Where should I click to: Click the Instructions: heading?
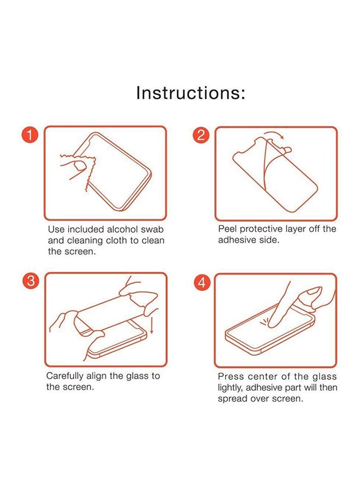191,93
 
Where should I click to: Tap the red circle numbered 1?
30,135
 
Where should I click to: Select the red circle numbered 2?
201,135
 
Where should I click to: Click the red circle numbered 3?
31,280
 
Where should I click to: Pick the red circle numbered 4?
202,282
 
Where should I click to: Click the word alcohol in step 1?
122,229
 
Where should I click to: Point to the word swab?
152,229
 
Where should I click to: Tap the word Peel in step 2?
227,229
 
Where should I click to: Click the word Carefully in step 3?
65,376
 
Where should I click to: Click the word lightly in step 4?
230,388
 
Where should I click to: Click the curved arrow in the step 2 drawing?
274,134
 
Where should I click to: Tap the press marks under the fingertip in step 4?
263,322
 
